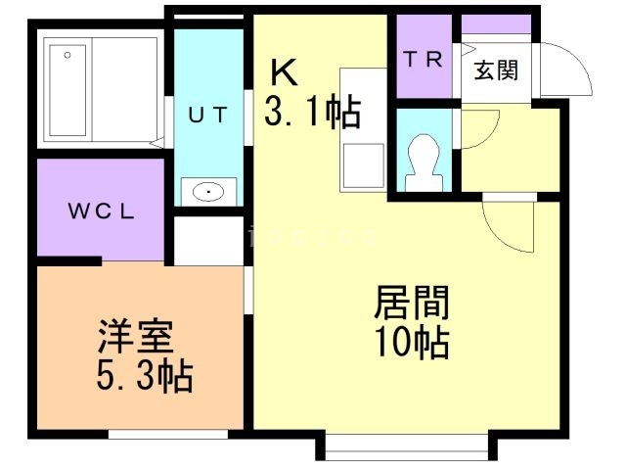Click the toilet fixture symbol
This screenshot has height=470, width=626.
coord(424,157)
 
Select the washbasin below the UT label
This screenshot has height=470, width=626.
coord(208,192)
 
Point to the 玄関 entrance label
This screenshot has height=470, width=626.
coord(496,70)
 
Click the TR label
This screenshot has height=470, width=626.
coord(424,59)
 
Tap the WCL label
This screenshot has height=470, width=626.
coord(100,211)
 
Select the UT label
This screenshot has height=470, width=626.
coord(207,115)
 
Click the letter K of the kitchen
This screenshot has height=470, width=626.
coord(283,70)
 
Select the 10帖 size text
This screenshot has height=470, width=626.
coord(412,344)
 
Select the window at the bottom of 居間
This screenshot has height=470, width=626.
coord(405,448)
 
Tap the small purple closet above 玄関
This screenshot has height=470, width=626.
coord(496,23)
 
